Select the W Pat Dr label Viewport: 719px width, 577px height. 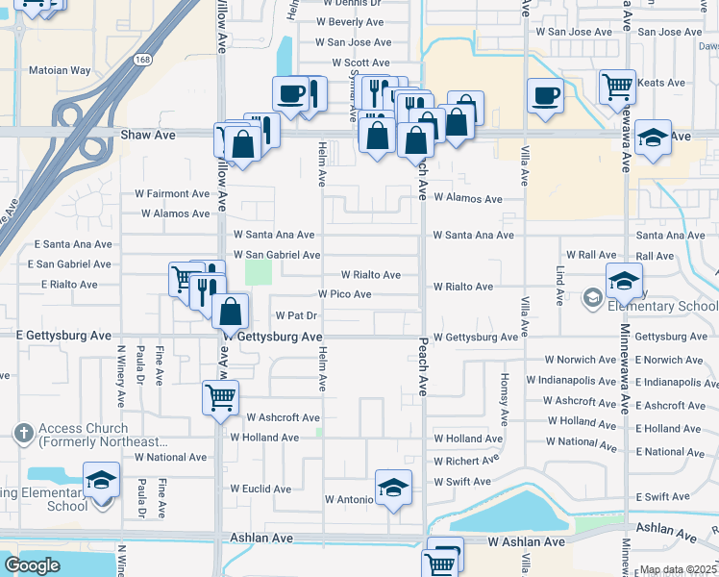pyautogui.click(x=296, y=314)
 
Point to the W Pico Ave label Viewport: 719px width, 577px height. pyautogui.click(x=345, y=294)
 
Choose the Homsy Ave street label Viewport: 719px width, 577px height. pyautogui.click(x=504, y=399)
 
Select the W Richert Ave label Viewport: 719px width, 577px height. pyautogui.click(x=468, y=461)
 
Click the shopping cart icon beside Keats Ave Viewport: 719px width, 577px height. pyautogui.click(x=616, y=87)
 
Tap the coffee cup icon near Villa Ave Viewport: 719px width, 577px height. pyautogui.click(x=546, y=96)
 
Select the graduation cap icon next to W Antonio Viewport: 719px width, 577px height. pyautogui.click(x=392, y=488)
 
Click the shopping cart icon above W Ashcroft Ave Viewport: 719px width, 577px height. pyautogui.click(x=220, y=395)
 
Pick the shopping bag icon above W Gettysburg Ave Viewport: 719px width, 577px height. pyautogui.click(x=231, y=312)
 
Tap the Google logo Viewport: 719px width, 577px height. pyautogui.click(x=32, y=565)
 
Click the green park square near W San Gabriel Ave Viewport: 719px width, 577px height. pyautogui.click(x=259, y=271)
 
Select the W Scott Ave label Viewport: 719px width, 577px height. pyautogui.click(x=360, y=63)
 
